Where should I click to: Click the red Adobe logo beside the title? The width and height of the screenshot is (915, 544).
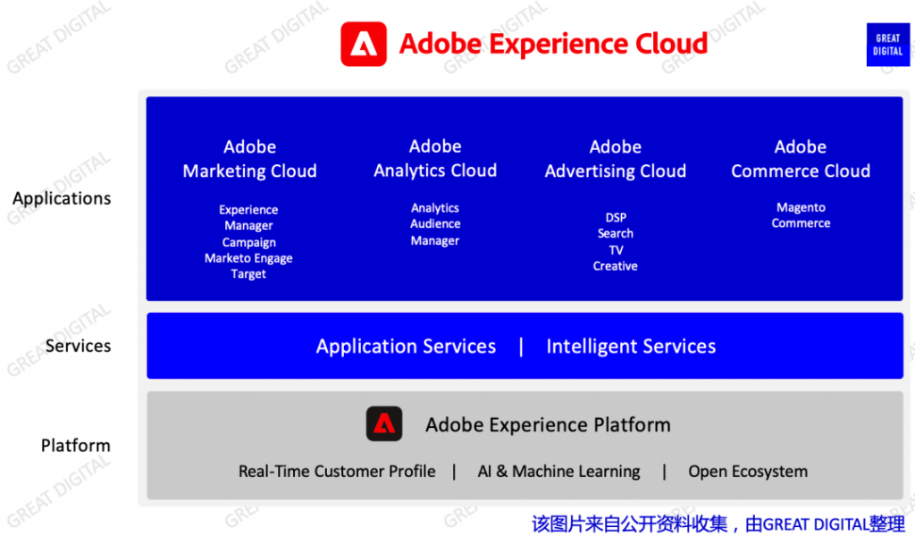(x=364, y=45)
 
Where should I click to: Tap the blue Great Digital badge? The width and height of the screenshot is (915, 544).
(x=887, y=45)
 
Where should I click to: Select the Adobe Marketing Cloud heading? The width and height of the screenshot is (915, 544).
(x=250, y=159)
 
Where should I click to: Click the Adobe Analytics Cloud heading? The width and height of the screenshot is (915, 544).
(x=435, y=158)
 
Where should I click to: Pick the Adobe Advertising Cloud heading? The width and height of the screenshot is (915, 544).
(x=615, y=159)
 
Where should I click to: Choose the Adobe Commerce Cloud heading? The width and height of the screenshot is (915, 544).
(x=801, y=159)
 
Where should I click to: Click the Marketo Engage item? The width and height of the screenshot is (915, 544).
(x=248, y=258)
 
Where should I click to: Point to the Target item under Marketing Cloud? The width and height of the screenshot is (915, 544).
(x=248, y=274)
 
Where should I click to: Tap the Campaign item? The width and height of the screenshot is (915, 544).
(x=248, y=243)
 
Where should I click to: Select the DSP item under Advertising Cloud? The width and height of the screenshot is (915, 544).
(x=616, y=217)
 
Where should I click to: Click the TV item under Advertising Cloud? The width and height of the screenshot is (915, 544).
(x=616, y=250)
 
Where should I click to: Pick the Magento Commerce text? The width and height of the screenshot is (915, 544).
(x=801, y=215)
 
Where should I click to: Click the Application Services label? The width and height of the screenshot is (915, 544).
(x=407, y=347)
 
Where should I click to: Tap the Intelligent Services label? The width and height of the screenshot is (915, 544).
(x=631, y=347)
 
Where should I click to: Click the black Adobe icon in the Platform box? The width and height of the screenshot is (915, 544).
(x=384, y=424)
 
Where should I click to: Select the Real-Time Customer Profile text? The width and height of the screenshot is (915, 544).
(x=337, y=471)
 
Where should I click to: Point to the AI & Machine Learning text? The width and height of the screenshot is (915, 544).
(x=558, y=471)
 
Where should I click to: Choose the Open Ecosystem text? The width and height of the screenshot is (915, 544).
(x=748, y=471)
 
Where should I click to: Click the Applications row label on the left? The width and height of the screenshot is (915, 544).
(x=62, y=198)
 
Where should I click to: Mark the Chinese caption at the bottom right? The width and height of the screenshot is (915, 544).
(x=718, y=524)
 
